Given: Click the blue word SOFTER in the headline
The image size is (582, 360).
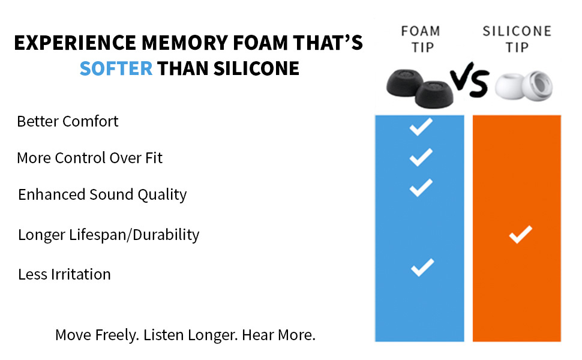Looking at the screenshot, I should coord(116,68).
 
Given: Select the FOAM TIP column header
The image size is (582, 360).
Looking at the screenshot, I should coord(420,38).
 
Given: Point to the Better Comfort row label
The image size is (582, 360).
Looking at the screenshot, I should coord(68,121).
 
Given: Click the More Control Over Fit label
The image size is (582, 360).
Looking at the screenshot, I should coord(89,158).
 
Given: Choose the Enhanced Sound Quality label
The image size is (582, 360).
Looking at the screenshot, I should coord(102,194).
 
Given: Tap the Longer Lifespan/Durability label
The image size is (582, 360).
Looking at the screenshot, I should coord(109,235).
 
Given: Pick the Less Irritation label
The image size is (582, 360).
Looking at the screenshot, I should coord(64,274).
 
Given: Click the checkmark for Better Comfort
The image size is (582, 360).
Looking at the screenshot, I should coord(421,127).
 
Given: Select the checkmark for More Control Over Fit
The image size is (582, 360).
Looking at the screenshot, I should coord(421,157).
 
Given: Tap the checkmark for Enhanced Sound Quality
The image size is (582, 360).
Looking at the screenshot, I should coord(421,188).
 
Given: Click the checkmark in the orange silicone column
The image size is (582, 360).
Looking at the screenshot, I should coord(520,235).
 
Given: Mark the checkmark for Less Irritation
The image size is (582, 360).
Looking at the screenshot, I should coord(422,267).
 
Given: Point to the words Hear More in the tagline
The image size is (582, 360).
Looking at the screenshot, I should coord(278,335).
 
